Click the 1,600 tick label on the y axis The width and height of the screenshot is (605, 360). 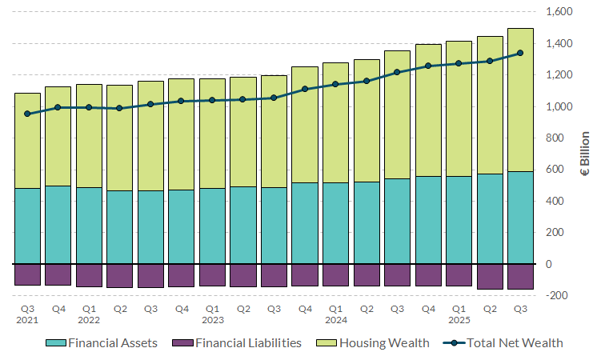pyautogui.click(x=558, y=12)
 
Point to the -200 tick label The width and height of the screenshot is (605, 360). pyautogui.click(x=558, y=295)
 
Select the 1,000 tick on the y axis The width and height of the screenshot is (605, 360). pyautogui.click(x=558, y=106)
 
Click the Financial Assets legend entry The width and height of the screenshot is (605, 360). pyautogui.click(x=112, y=342)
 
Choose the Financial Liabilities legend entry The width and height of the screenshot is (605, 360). pyautogui.click(x=249, y=342)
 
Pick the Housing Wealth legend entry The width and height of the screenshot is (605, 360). pyautogui.click(x=384, y=342)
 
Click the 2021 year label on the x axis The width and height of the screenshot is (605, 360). pyautogui.click(x=28, y=320)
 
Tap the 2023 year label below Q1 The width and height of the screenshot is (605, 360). pyautogui.click(x=212, y=320)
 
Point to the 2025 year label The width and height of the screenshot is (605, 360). pyautogui.click(x=459, y=320)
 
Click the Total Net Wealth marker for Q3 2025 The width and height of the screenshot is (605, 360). pyautogui.click(x=520, y=53)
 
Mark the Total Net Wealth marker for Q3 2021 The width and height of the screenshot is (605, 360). pyautogui.click(x=28, y=114)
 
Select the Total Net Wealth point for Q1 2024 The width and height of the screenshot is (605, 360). pyautogui.click(x=335, y=84)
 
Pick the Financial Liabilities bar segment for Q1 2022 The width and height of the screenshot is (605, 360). pyautogui.click(x=89, y=275)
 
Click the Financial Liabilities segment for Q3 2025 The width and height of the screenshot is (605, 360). pyautogui.click(x=520, y=277)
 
